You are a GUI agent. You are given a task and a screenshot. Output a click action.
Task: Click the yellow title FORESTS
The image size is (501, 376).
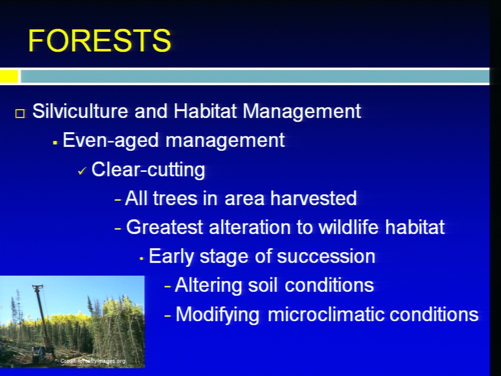pos(100,41)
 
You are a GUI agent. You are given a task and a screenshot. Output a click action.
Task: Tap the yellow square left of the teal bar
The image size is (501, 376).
pos(9,76)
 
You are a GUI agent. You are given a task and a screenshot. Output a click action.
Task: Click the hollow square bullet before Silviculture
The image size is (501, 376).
pos(20,113)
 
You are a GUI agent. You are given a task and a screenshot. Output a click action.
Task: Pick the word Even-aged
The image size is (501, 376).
pos(111,140)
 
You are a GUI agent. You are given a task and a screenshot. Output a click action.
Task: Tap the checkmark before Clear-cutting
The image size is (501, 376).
pos(82,171)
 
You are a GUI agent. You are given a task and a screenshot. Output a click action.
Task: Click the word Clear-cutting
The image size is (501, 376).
pos(148,170)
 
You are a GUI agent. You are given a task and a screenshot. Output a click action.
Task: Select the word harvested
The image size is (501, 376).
pos(314,198)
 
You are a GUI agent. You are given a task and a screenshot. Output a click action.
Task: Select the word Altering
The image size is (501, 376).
pos(208,286)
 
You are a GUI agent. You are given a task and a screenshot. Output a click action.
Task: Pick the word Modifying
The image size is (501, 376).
pos(217,315)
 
